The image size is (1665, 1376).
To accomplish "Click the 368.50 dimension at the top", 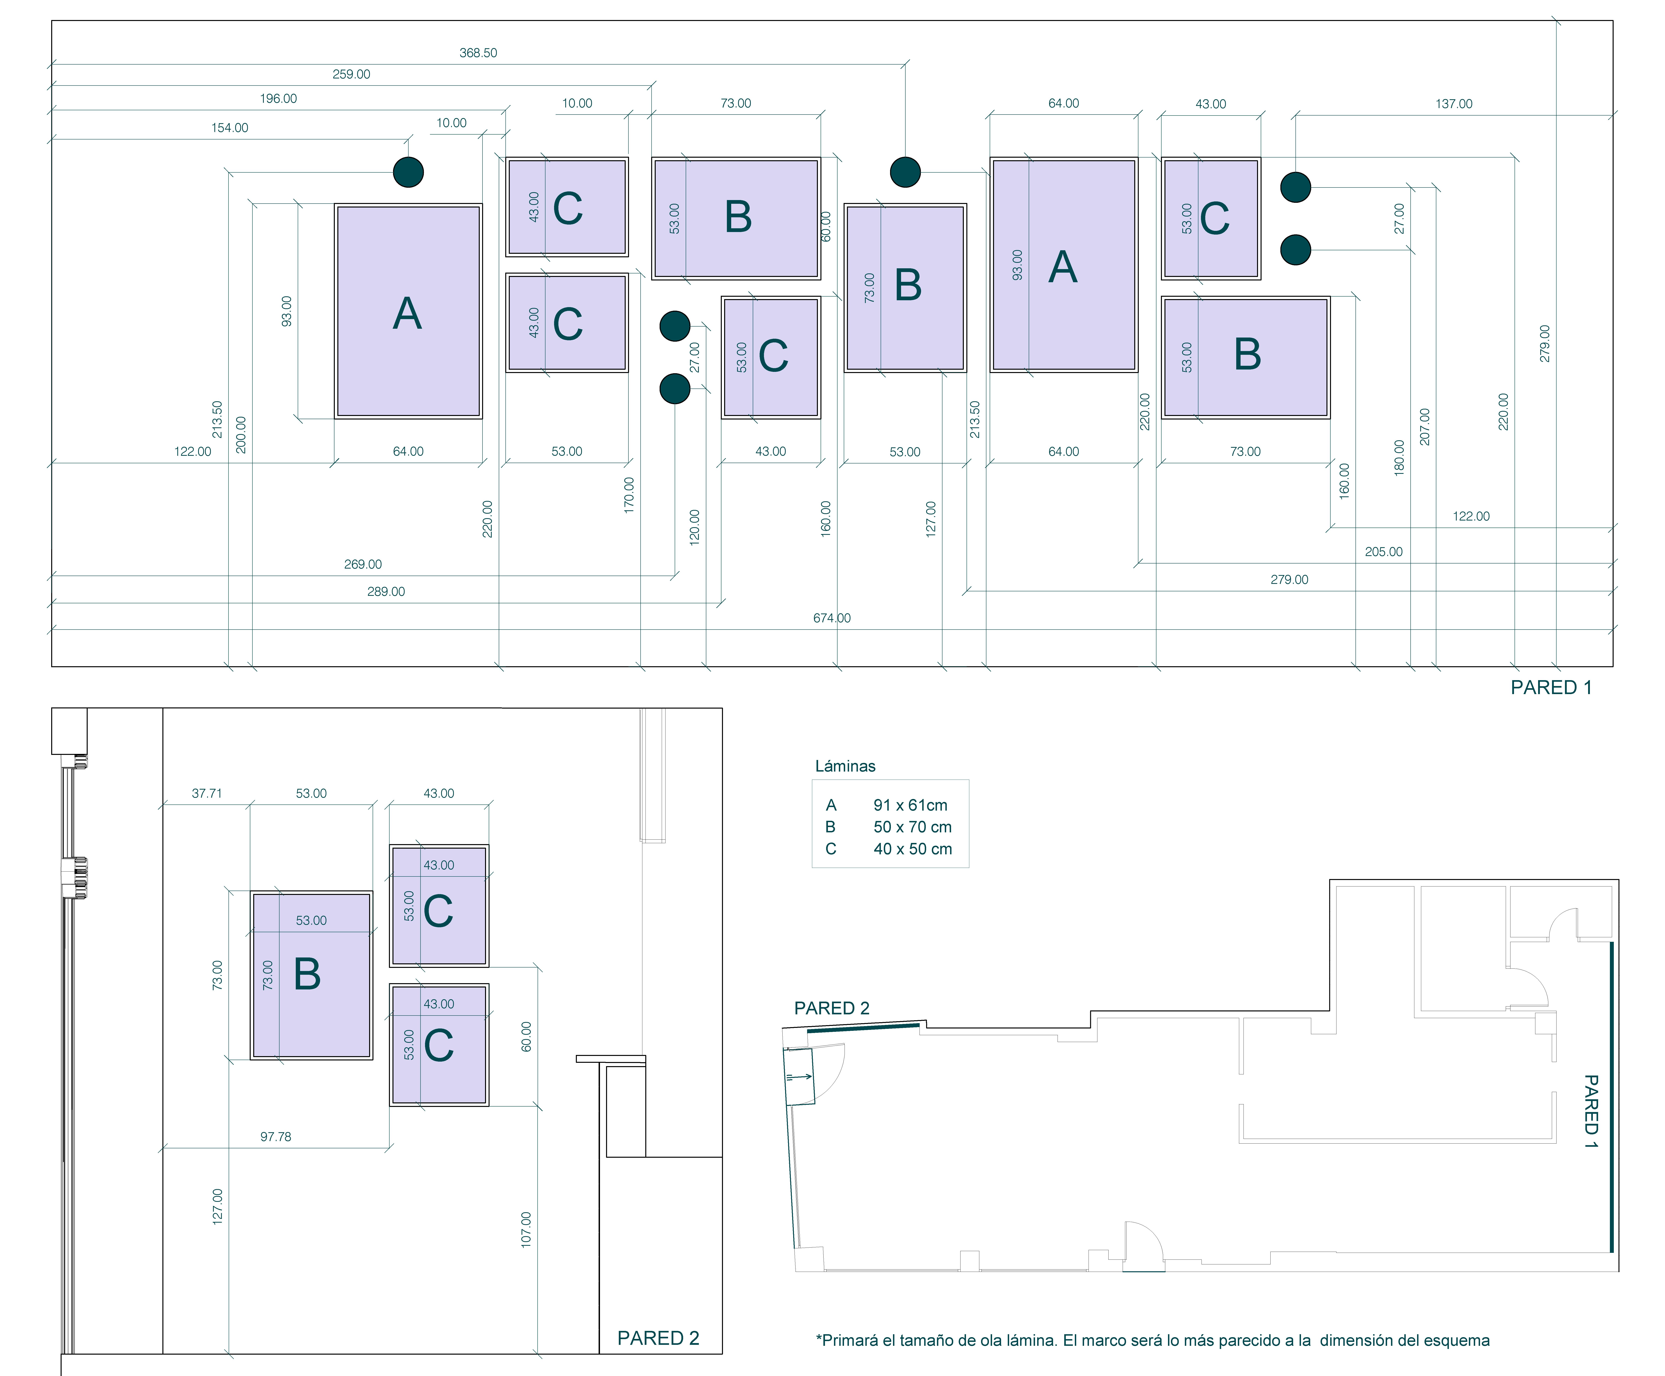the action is coord(478,53).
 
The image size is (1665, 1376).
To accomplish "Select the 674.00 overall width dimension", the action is coord(831,618).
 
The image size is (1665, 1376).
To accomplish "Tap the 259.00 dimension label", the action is coord(351,75).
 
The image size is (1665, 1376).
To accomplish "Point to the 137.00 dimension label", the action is coord(1453,104).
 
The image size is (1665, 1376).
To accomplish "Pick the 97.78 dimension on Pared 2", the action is coord(276,1137).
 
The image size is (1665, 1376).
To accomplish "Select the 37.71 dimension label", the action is coord(207,794).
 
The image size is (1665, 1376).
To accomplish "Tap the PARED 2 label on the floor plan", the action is coord(831,1008).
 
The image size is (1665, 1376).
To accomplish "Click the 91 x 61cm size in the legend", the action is coord(910,805).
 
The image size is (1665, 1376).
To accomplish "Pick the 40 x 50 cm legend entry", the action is coord(912,849).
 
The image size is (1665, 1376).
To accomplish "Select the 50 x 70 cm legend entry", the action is coord(912,827).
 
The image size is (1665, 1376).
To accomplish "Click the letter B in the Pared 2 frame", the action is coord(308,974).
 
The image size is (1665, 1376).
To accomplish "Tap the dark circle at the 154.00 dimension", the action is coord(408,172).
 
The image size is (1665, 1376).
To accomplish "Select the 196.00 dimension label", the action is coord(278,99).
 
